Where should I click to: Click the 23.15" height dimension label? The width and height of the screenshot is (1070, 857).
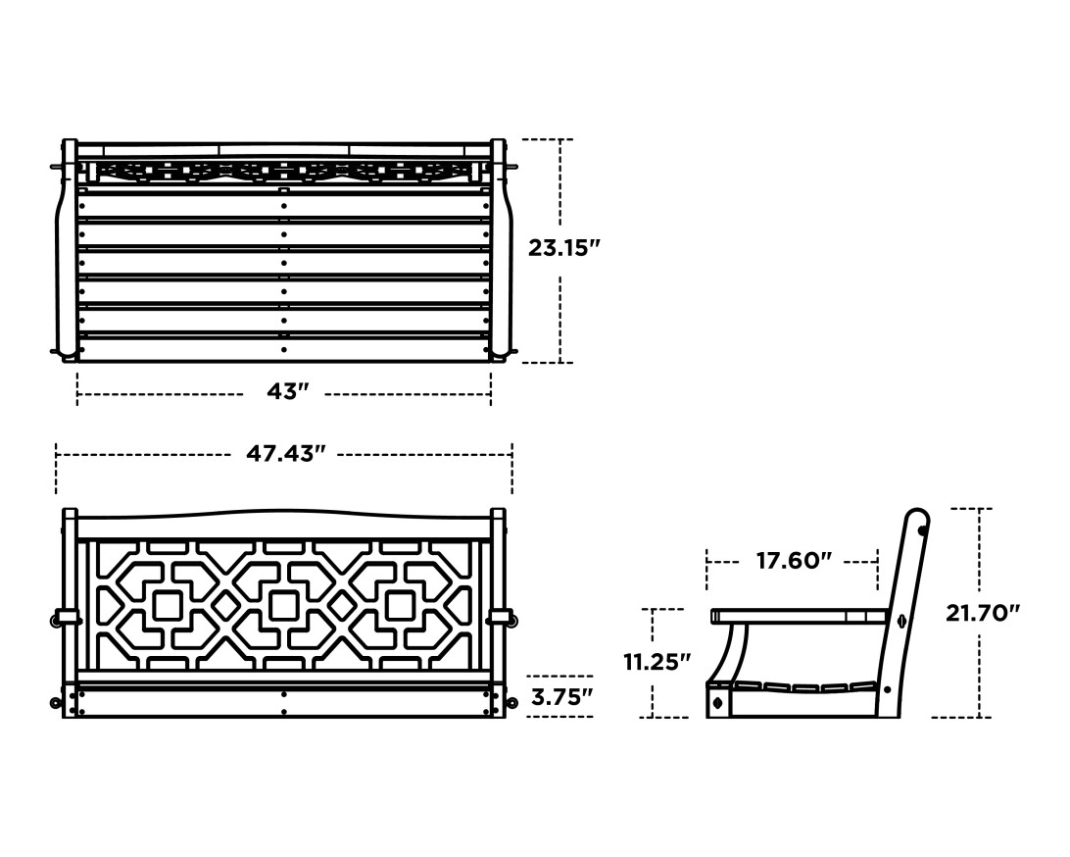(x=563, y=248)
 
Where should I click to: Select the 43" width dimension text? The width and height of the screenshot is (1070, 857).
(x=287, y=392)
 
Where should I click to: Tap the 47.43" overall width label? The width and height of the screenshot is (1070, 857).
(x=285, y=454)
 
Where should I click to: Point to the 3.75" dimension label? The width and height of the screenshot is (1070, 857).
(x=560, y=697)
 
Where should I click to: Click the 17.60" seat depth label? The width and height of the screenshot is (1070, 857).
(x=794, y=561)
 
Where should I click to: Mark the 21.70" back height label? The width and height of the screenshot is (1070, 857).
(x=983, y=614)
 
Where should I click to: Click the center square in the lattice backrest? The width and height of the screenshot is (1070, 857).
(x=284, y=605)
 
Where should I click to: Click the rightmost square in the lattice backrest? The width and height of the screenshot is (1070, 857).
(x=402, y=605)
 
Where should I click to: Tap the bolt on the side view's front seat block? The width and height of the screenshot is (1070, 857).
(x=718, y=702)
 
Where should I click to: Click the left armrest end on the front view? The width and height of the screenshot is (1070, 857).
(x=67, y=617)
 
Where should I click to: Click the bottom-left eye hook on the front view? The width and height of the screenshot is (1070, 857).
(x=56, y=702)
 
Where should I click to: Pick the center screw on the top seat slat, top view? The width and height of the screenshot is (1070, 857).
(x=284, y=206)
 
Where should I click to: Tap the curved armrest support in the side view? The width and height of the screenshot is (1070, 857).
(x=732, y=652)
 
